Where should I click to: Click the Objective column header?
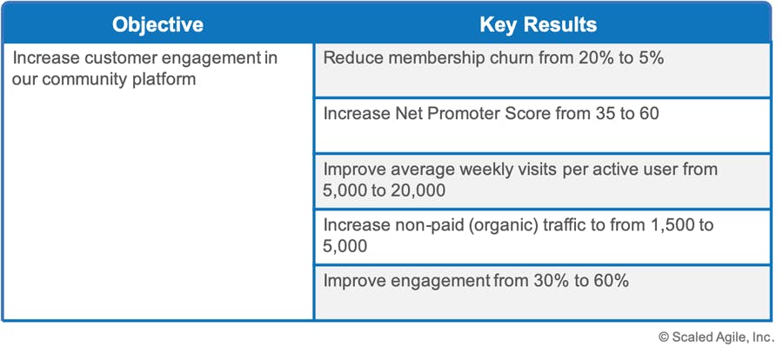click(x=157, y=24)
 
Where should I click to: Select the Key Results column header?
click(x=539, y=24)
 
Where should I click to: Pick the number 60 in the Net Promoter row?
click(x=648, y=114)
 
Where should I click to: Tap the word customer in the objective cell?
click(x=113, y=58)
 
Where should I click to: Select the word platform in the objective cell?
click(x=164, y=79)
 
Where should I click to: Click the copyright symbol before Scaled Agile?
click(x=664, y=337)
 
